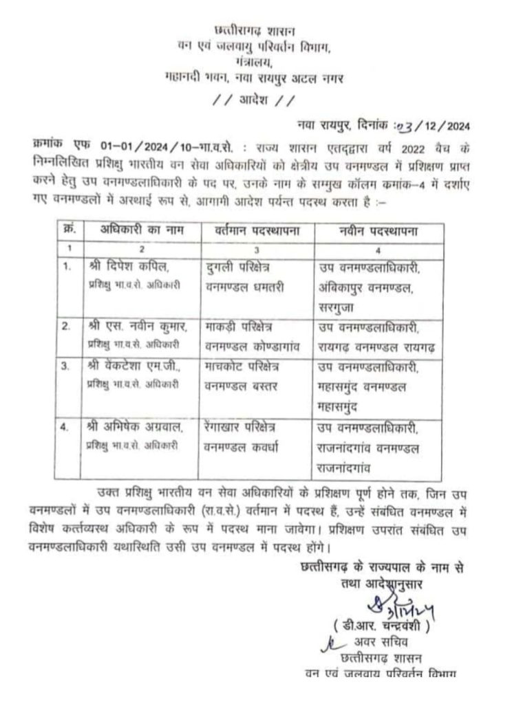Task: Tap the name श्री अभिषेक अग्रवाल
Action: coord(134,427)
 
